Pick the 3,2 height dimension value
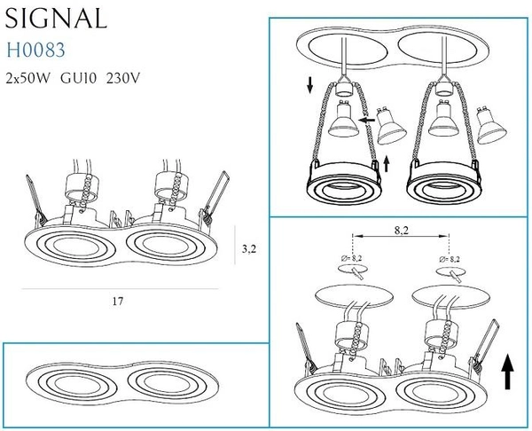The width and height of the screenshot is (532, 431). point(248,248)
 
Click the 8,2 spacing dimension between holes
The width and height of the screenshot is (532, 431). point(402,229)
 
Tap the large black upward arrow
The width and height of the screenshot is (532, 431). point(509,370)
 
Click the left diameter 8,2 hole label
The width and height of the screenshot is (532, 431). point(355,260)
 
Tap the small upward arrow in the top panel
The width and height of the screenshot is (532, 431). point(389,162)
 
